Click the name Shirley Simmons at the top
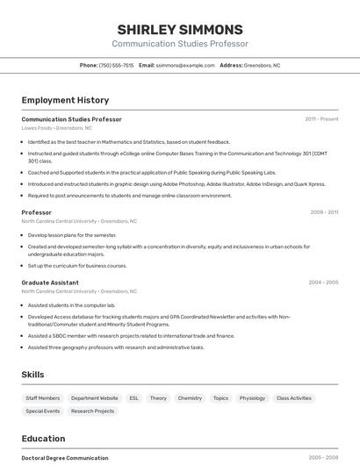pos(179,30)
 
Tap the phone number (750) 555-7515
pos(116,65)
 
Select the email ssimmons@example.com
pos(185,65)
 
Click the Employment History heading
pos(65,100)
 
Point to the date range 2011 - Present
pos(321,119)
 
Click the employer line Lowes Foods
pos(56,128)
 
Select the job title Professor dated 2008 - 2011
pos(37,212)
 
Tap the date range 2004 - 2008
pos(323,283)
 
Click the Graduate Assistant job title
pos(50,283)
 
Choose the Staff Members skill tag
pos(43,398)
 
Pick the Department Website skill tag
pos(95,398)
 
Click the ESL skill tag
pos(134,398)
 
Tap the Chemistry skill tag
pos(190,398)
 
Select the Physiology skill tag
pos(252,398)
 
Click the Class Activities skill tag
pos(294,398)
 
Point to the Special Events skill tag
pos(43,411)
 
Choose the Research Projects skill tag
pos(92,411)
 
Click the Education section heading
pos(43,439)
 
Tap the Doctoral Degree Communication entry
pos(65,457)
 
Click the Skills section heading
pos(32,375)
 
